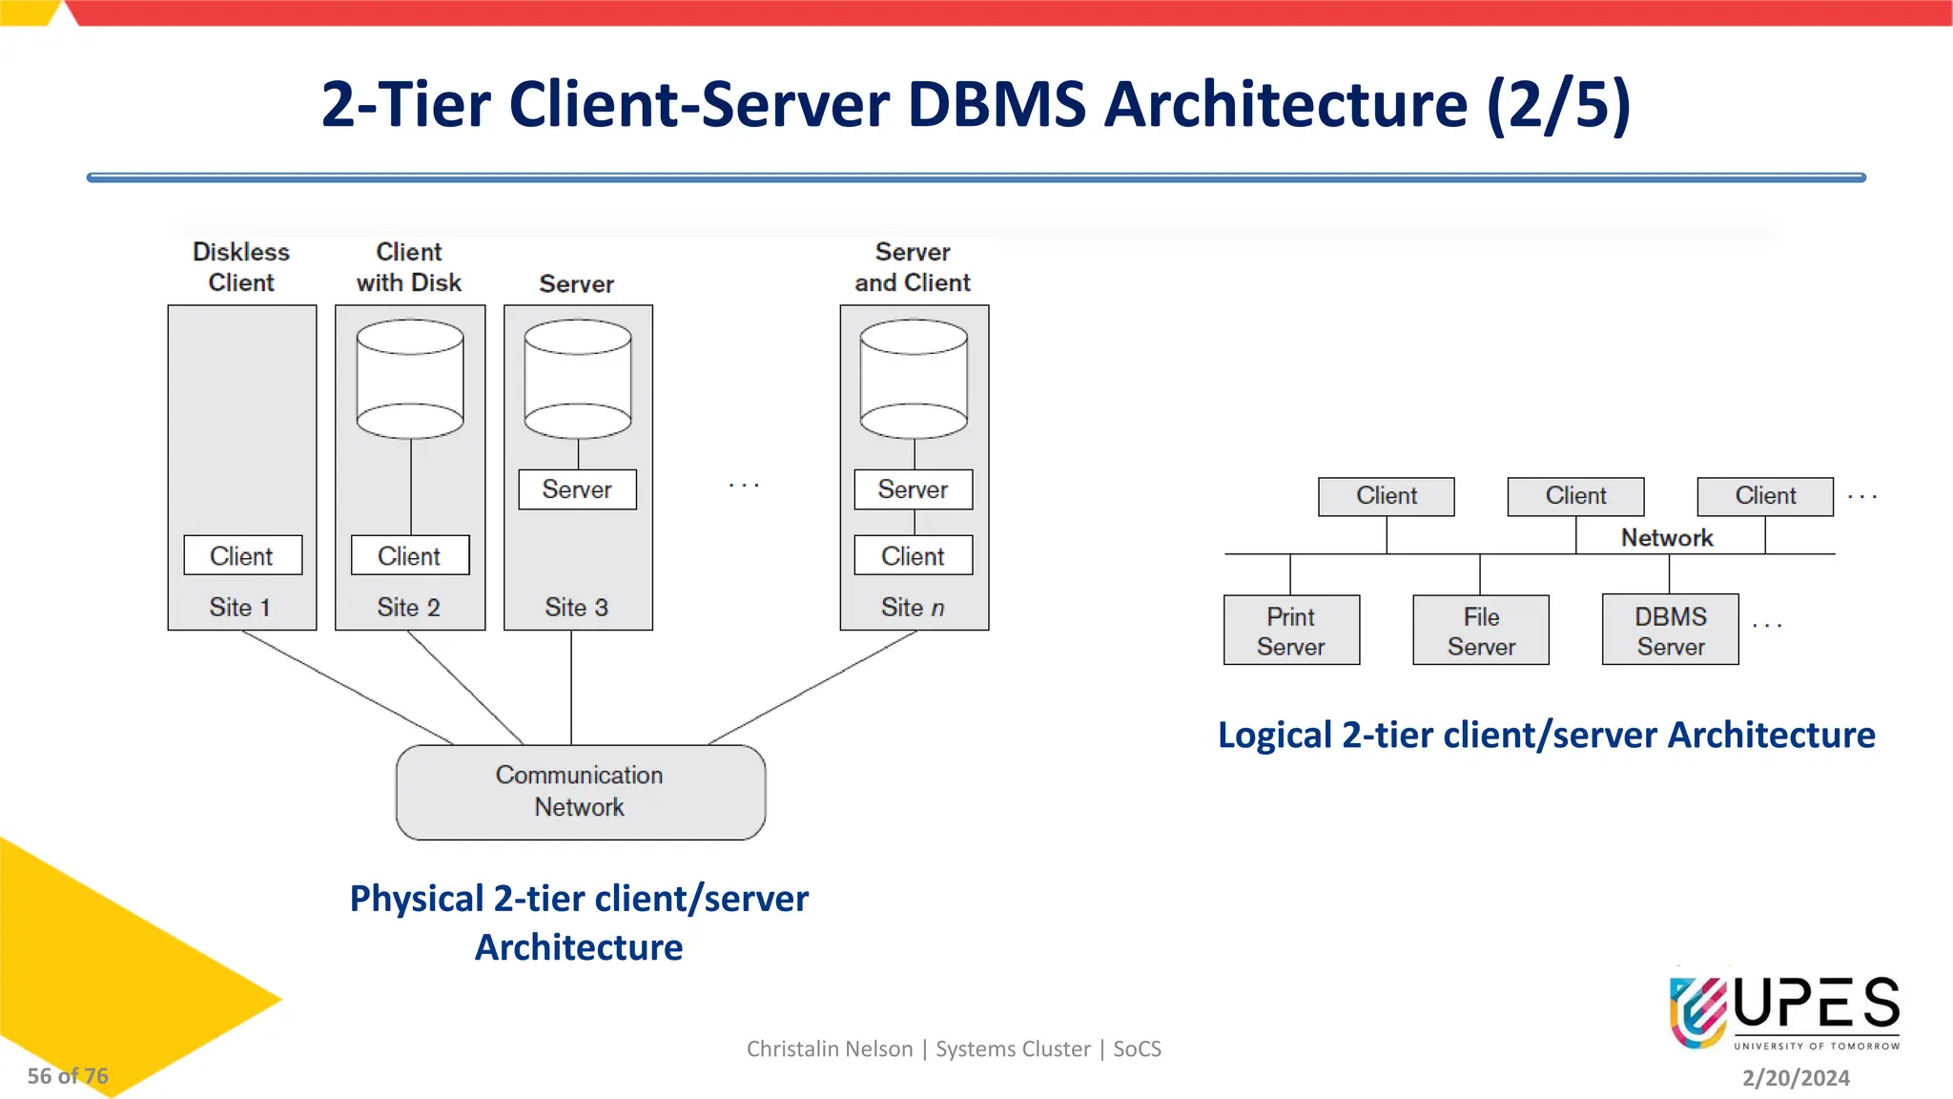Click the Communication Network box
580,792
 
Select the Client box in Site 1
242,555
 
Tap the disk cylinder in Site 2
410,379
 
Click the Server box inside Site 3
577,489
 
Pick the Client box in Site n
913,555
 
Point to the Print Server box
1291,631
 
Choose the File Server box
1480,631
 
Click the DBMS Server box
1670,631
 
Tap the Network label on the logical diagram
1667,538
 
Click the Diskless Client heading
241,267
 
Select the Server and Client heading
913,267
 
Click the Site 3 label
576,608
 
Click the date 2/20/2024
1796,1078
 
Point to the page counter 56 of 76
68,1076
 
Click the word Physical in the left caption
417,899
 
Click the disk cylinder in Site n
914,379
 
